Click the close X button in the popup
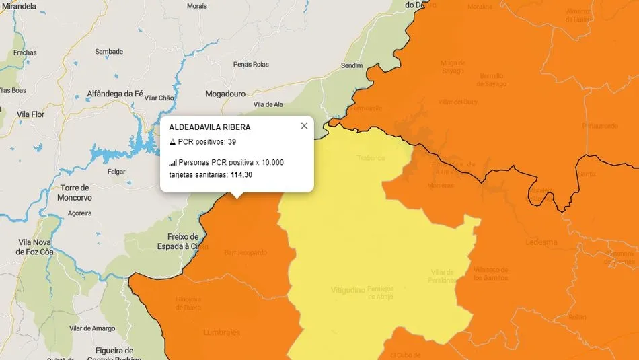tap(304, 126)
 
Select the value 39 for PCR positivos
tap(231, 142)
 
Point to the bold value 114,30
tap(241, 175)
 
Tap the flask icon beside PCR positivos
tap(172, 142)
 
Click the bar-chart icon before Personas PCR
tap(172, 163)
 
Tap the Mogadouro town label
tap(225, 94)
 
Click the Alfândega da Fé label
tap(115, 94)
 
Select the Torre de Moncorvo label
tap(75, 192)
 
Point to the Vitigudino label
tap(348, 291)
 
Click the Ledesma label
tap(542, 242)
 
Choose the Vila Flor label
tap(30, 114)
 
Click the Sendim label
tap(351, 65)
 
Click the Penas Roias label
tap(250, 65)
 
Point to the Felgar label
tap(116, 172)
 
